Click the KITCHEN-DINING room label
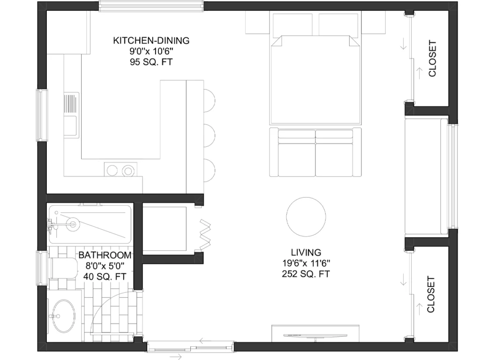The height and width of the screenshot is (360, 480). point(151,40)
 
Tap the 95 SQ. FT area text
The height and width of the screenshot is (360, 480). point(151,62)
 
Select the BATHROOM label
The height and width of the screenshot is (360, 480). point(105,255)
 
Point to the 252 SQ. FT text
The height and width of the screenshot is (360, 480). point(306,274)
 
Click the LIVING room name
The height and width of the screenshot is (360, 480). point(306,252)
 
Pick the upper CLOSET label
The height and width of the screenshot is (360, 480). point(432,59)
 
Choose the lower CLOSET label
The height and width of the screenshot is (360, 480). point(431,294)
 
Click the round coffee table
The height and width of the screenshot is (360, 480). point(306,217)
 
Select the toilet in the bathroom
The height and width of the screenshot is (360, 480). point(63,269)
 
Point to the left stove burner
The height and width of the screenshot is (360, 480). point(112,171)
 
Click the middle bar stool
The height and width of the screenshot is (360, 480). point(210,135)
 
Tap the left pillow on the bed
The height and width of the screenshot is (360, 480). point(292,24)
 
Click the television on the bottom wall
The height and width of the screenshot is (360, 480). point(315,336)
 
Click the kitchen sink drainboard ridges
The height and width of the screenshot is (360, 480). point(70,104)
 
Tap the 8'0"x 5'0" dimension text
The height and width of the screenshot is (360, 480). point(105,266)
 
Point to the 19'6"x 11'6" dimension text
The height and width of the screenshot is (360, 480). point(306,263)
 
